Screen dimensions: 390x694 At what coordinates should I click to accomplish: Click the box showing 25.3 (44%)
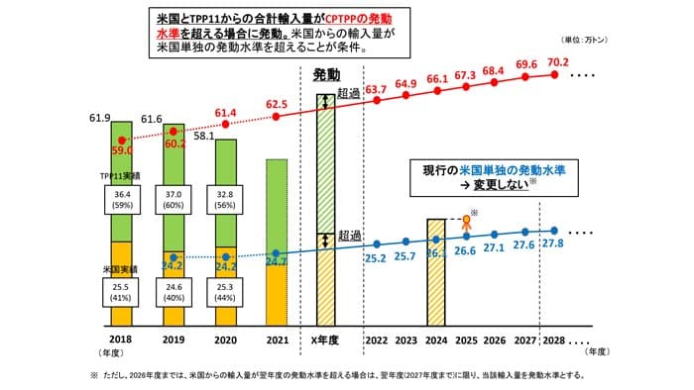226,294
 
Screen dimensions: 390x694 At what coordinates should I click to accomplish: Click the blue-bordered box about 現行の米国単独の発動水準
492,177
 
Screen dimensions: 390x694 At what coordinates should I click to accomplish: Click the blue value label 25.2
377,259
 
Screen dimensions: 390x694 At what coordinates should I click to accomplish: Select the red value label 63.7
376,89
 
